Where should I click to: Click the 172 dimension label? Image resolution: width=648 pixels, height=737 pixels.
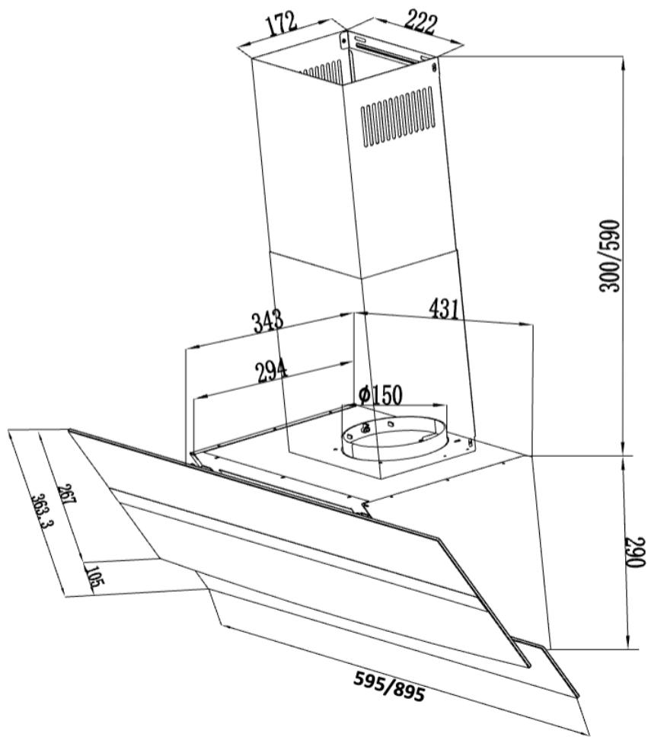point(282,24)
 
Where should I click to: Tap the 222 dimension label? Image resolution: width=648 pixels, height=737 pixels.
point(420,23)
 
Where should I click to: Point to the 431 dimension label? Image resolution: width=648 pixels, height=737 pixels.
point(443,308)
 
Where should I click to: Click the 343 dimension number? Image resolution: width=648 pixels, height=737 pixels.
point(268,321)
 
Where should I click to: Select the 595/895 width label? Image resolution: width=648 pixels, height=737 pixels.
point(389,688)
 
